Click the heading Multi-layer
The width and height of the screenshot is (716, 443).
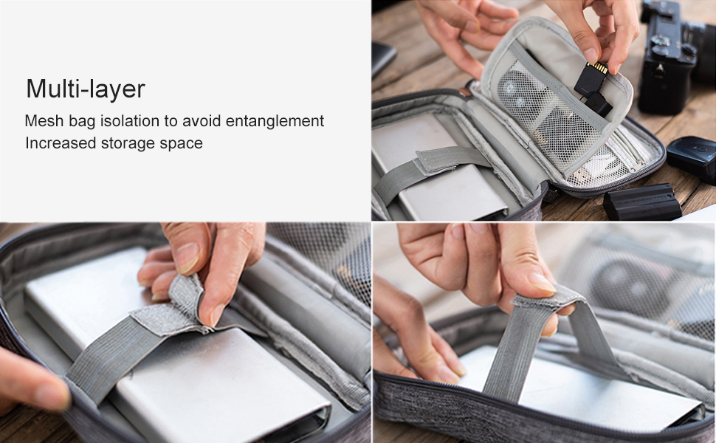[86, 89]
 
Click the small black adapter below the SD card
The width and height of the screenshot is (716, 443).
[598, 103]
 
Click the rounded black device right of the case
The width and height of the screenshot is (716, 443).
[691, 159]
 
